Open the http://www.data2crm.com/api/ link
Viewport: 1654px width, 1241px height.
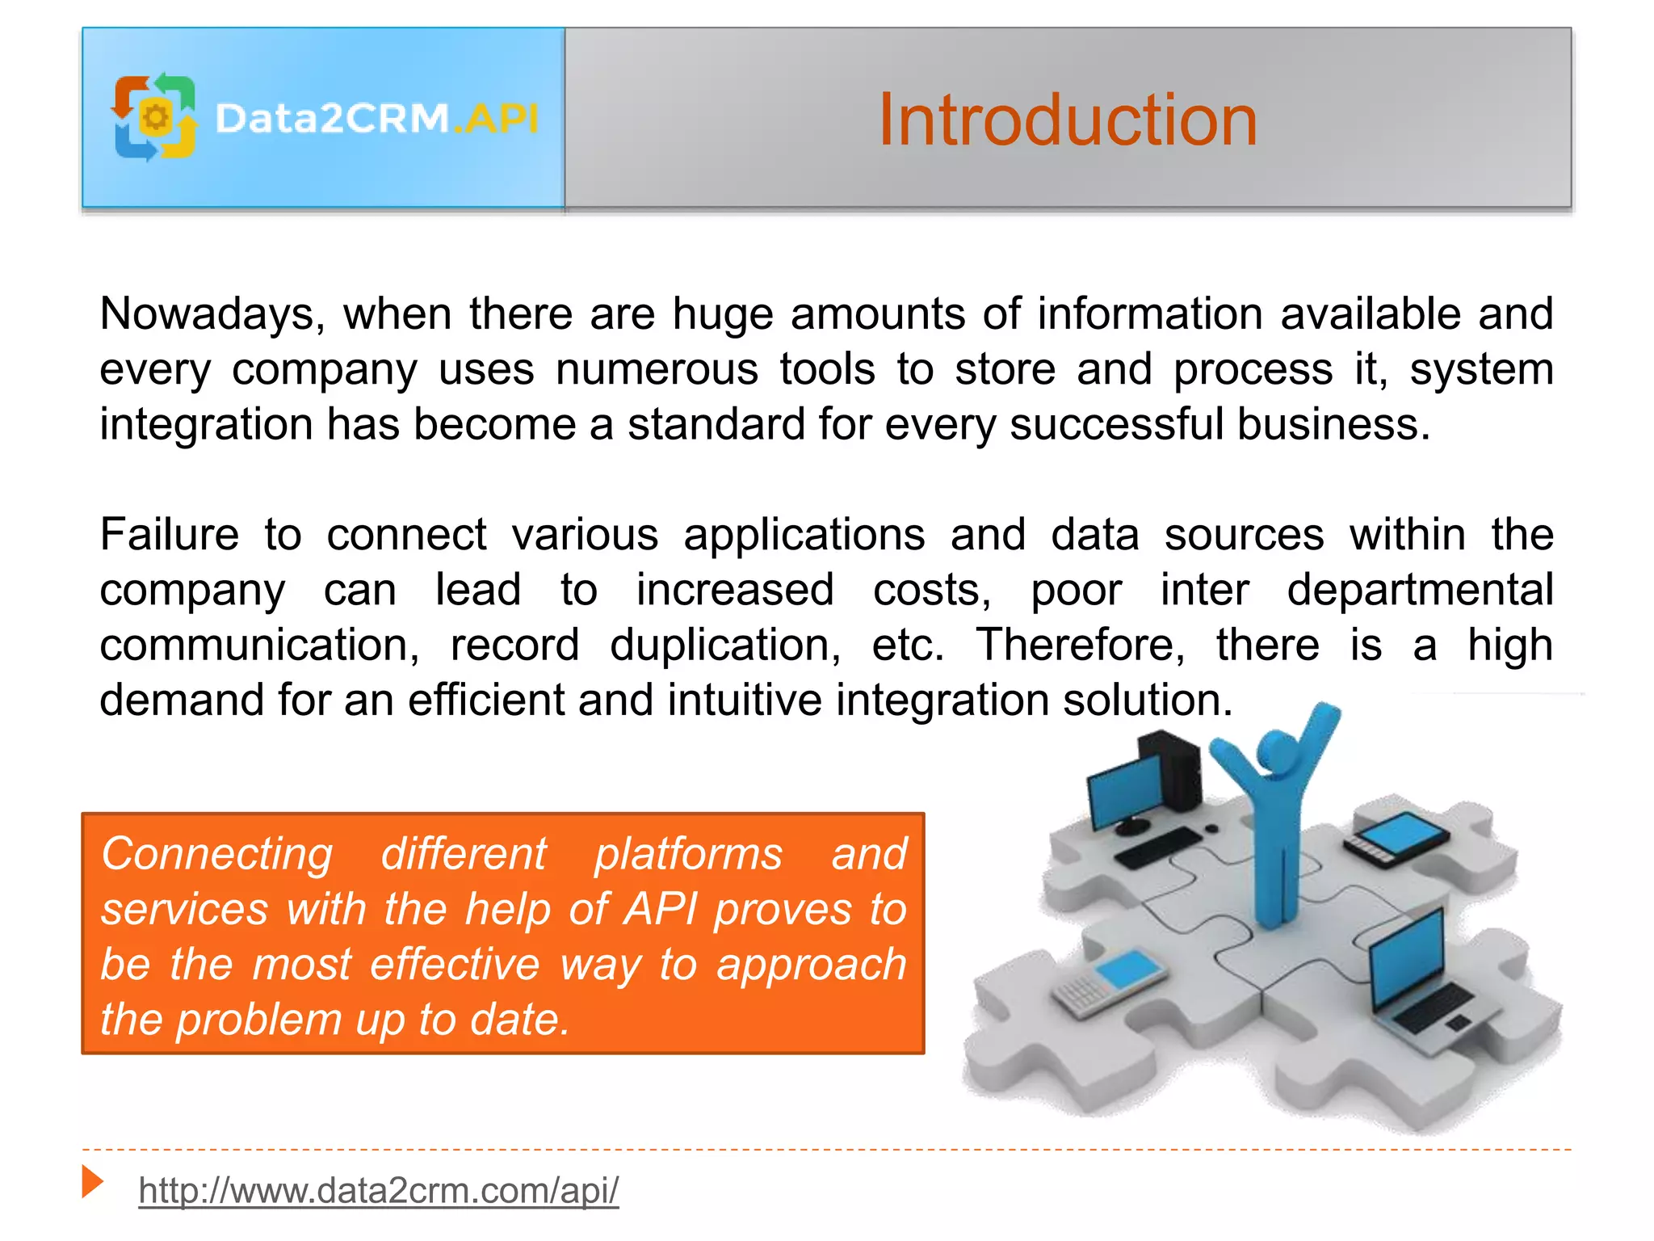click(x=378, y=1190)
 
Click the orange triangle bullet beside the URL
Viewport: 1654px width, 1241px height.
click(x=93, y=1182)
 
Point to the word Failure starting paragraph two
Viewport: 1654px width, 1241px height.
click(x=169, y=535)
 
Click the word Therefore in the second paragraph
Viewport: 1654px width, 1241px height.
click(x=1080, y=645)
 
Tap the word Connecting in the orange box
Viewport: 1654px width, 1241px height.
click(x=216, y=854)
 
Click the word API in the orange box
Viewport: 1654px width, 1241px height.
click(x=660, y=909)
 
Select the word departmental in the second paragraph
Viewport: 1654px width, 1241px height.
click(x=1419, y=590)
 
